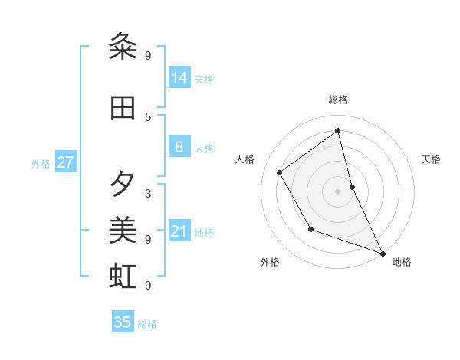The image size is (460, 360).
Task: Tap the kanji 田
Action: (x=123, y=109)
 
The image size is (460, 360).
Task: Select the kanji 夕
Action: (x=123, y=184)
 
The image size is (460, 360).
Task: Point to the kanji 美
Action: (x=123, y=230)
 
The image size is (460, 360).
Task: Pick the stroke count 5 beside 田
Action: (x=148, y=116)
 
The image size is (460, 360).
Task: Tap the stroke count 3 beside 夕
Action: (x=148, y=193)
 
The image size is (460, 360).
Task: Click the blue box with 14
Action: (x=179, y=77)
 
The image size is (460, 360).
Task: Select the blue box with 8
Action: (x=179, y=147)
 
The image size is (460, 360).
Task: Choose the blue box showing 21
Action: (x=179, y=231)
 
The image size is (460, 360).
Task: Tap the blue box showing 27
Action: (x=66, y=162)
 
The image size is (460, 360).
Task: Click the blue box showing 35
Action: (x=123, y=322)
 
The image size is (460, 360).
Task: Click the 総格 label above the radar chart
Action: (x=338, y=100)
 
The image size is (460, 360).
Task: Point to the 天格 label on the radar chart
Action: (x=431, y=159)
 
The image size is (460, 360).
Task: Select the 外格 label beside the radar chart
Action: (x=270, y=262)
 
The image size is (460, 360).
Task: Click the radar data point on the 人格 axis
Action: (x=280, y=172)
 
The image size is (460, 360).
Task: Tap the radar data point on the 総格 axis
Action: (x=338, y=130)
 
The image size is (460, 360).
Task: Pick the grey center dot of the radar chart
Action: (x=338, y=191)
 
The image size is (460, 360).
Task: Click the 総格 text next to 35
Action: (x=147, y=324)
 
